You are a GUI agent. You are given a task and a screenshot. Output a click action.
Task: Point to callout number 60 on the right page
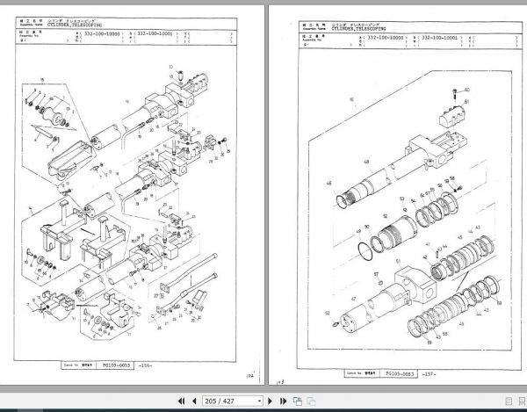[466, 90]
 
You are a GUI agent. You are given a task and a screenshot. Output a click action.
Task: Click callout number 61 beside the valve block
[466, 103]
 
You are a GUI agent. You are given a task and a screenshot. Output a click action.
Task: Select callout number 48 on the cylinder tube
[365, 162]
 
